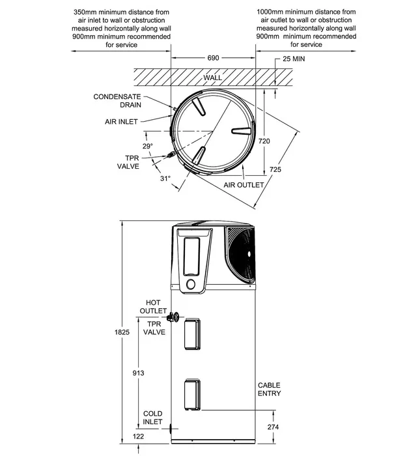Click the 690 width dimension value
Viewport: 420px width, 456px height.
coord(213,58)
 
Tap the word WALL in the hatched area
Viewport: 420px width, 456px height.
coord(213,78)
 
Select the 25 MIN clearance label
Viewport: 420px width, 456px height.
coord(294,59)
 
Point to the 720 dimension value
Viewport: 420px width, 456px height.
coord(264,141)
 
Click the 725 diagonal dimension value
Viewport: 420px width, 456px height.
coord(275,169)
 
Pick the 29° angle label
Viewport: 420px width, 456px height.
coord(148,146)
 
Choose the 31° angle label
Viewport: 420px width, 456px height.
coord(165,178)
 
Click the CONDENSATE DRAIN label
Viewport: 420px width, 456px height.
coord(117,100)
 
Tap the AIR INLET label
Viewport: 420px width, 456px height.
coord(121,122)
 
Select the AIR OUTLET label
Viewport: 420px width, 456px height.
coord(244,185)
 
